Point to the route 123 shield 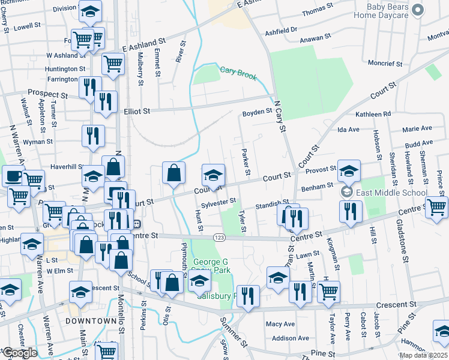pos(220,238)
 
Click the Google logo pos(19,353)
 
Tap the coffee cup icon pos(13,176)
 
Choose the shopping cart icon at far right pos(437,207)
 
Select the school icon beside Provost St pos(349,171)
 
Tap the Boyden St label pos(258,112)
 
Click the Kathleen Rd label pos(373,113)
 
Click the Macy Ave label pos(280,324)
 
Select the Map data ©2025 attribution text pos(423,355)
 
